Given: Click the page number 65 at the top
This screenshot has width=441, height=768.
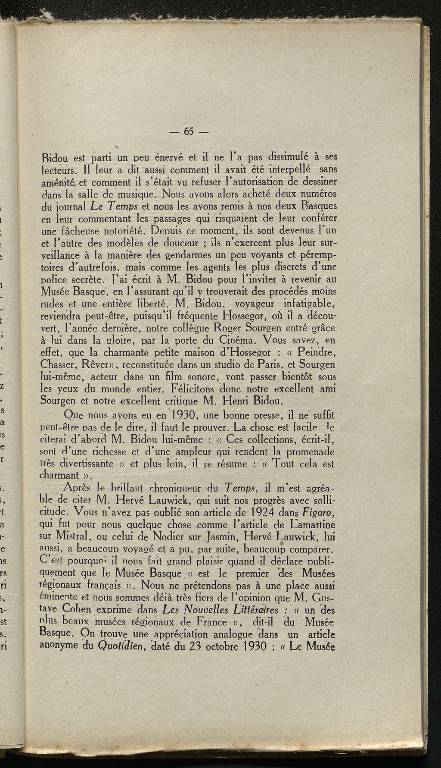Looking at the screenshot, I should (x=189, y=132).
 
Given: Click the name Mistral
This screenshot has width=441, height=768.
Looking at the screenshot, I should (x=72, y=537).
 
